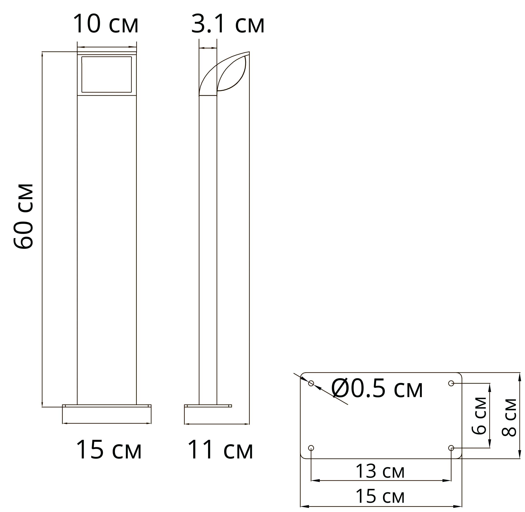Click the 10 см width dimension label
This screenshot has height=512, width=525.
106,24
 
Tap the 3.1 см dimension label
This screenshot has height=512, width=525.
228,24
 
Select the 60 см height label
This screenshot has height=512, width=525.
23,216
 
